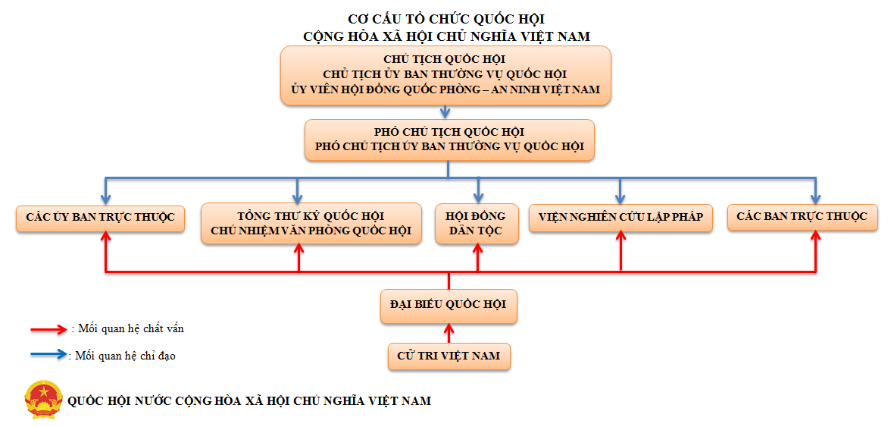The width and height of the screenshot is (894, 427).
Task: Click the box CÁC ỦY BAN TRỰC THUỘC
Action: coord(100,217)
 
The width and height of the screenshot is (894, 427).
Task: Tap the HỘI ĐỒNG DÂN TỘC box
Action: coord(477,223)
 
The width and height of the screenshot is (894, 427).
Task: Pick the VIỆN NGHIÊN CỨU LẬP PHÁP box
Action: coord(620,217)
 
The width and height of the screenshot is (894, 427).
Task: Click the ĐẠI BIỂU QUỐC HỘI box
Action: coord(449,305)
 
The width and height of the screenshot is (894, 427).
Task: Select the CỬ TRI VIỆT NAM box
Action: coord(449,355)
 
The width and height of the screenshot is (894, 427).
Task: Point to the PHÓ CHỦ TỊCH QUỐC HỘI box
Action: coord(449,140)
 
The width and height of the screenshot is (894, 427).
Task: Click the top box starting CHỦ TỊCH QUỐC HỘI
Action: coord(445,74)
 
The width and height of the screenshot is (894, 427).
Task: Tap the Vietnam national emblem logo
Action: coord(44,400)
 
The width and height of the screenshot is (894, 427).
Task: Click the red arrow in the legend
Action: coord(49,329)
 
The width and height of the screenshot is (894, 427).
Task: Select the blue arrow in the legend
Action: coord(49,354)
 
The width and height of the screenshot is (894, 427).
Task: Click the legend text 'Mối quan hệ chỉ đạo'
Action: coord(124,355)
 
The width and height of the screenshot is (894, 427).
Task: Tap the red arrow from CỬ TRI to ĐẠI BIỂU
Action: coord(449,334)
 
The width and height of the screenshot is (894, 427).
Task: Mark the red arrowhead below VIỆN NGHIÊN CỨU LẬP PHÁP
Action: coord(620,237)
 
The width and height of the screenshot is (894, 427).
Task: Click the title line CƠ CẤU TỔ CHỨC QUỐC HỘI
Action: coord(446,19)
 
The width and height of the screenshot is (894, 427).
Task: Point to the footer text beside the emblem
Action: coord(249,400)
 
